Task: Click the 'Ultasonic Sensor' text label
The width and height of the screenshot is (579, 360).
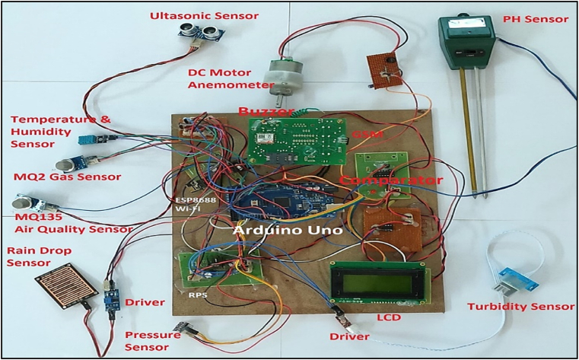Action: click(x=193, y=15)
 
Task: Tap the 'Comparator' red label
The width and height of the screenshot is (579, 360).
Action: click(x=391, y=180)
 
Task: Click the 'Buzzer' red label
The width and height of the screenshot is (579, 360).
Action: click(x=266, y=112)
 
